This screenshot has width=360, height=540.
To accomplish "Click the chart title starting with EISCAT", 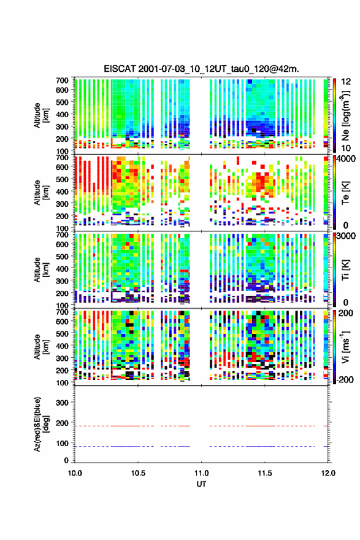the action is tap(201, 69).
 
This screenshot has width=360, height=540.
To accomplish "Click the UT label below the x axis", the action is tap(201, 484).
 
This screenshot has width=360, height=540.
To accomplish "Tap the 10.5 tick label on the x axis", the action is tap(138, 473).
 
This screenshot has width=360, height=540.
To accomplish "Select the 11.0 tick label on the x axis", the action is tap(201, 473).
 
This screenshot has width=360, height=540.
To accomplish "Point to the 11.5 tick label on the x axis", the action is tap(265, 473).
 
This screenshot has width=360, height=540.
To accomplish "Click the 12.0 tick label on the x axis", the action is tap(328, 473).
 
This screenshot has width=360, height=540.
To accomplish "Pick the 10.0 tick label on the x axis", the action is tap(75, 473).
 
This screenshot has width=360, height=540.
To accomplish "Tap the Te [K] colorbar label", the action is tap(345, 193).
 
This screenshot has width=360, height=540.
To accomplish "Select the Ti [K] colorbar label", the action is tap(345, 269).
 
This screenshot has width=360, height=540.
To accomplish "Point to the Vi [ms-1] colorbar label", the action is tap(345, 346).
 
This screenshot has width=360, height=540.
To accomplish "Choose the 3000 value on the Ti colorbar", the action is tap(346, 236).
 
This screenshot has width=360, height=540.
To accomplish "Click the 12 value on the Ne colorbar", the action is tap(346, 82).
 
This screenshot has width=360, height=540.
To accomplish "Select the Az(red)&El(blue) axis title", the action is tap(41, 424).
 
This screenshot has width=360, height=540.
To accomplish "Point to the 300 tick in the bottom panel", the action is tap(63, 403).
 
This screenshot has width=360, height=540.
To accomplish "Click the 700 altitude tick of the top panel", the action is tap(63, 80).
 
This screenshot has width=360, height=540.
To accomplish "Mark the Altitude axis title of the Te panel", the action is tap(41, 193).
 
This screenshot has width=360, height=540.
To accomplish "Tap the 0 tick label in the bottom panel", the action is tap(66, 460).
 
